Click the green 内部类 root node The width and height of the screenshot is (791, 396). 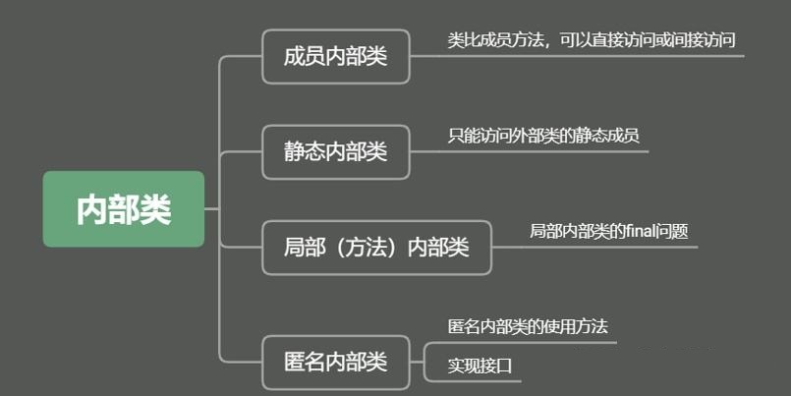click(x=124, y=209)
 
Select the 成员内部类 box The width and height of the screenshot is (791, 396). click(x=335, y=56)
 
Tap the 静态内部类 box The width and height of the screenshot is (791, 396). click(x=335, y=151)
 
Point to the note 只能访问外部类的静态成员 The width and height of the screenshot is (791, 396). click(x=543, y=136)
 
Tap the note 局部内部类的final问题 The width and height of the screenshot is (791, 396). click(x=608, y=231)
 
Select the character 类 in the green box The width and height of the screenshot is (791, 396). click(x=155, y=209)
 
